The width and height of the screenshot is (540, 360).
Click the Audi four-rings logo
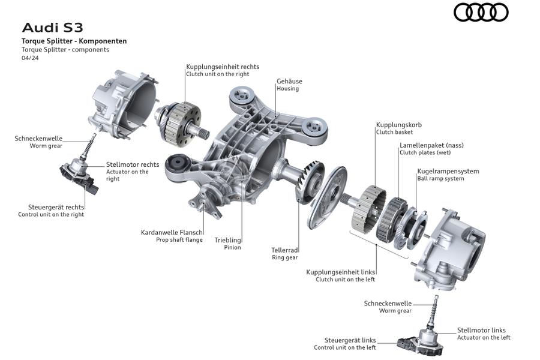pyautogui.click(x=481, y=13)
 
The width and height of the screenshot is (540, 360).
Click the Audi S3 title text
pyautogui.click(x=52, y=28)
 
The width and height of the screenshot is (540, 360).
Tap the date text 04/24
pyautogui.click(x=30, y=58)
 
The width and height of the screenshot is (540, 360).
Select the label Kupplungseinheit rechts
pyautogui.click(x=223, y=67)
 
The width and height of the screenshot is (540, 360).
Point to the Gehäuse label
pyautogui.click(x=289, y=82)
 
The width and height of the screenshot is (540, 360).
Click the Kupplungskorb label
pyautogui.click(x=398, y=125)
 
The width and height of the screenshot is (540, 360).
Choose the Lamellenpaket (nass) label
pyautogui.click(x=431, y=145)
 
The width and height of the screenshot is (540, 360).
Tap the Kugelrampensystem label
pyautogui.click(x=448, y=171)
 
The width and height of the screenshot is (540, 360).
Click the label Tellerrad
pyautogui.click(x=284, y=250)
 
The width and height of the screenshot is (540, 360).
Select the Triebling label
pyautogui.click(x=227, y=240)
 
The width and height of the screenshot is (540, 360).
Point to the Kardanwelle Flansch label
pyautogui.click(x=172, y=233)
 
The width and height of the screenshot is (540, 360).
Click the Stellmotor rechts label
pyautogui.click(x=133, y=164)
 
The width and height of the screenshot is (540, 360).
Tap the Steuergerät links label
pyautogui.click(x=350, y=340)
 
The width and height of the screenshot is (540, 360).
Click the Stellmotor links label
pyautogui.click(x=481, y=330)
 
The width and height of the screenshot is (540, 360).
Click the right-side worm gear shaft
pyautogui.click(x=89, y=146)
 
